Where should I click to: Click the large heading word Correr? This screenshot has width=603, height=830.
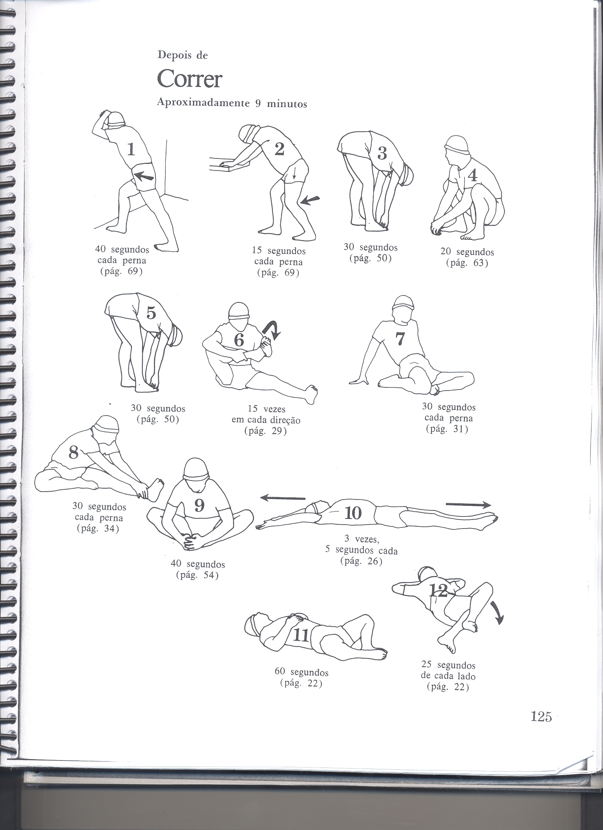coord(189,79)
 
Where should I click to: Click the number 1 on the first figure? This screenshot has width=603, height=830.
coord(131,149)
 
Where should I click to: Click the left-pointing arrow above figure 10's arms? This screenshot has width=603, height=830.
coord(282,498)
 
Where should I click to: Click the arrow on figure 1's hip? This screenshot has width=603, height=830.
coord(143,177)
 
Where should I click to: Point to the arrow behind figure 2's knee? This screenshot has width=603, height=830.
coord(310,200)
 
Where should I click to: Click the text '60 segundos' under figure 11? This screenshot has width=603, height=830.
coord(301,673)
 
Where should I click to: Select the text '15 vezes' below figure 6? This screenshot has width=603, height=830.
coord(266,409)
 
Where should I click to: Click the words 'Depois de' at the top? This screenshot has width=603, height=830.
coord(183,55)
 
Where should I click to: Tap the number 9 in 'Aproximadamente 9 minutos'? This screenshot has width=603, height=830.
coord(258,104)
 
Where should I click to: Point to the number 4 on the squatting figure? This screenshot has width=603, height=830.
coord(473,176)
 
